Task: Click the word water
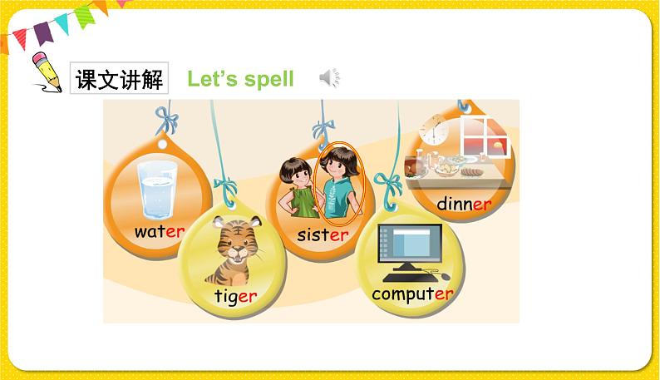click(x=159, y=232)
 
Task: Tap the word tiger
click(x=235, y=296)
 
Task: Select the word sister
click(x=323, y=234)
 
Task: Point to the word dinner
click(x=464, y=204)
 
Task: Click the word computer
click(x=412, y=294)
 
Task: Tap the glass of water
click(x=157, y=188)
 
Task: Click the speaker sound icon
click(x=329, y=79)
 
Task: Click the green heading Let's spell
click(x=240, y=79)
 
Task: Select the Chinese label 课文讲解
click(x=119, y=79)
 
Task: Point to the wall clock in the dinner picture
click(x=433, y=131)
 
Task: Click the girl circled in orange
click(x=340, y=184)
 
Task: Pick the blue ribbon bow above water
click(x=166, y=121)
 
